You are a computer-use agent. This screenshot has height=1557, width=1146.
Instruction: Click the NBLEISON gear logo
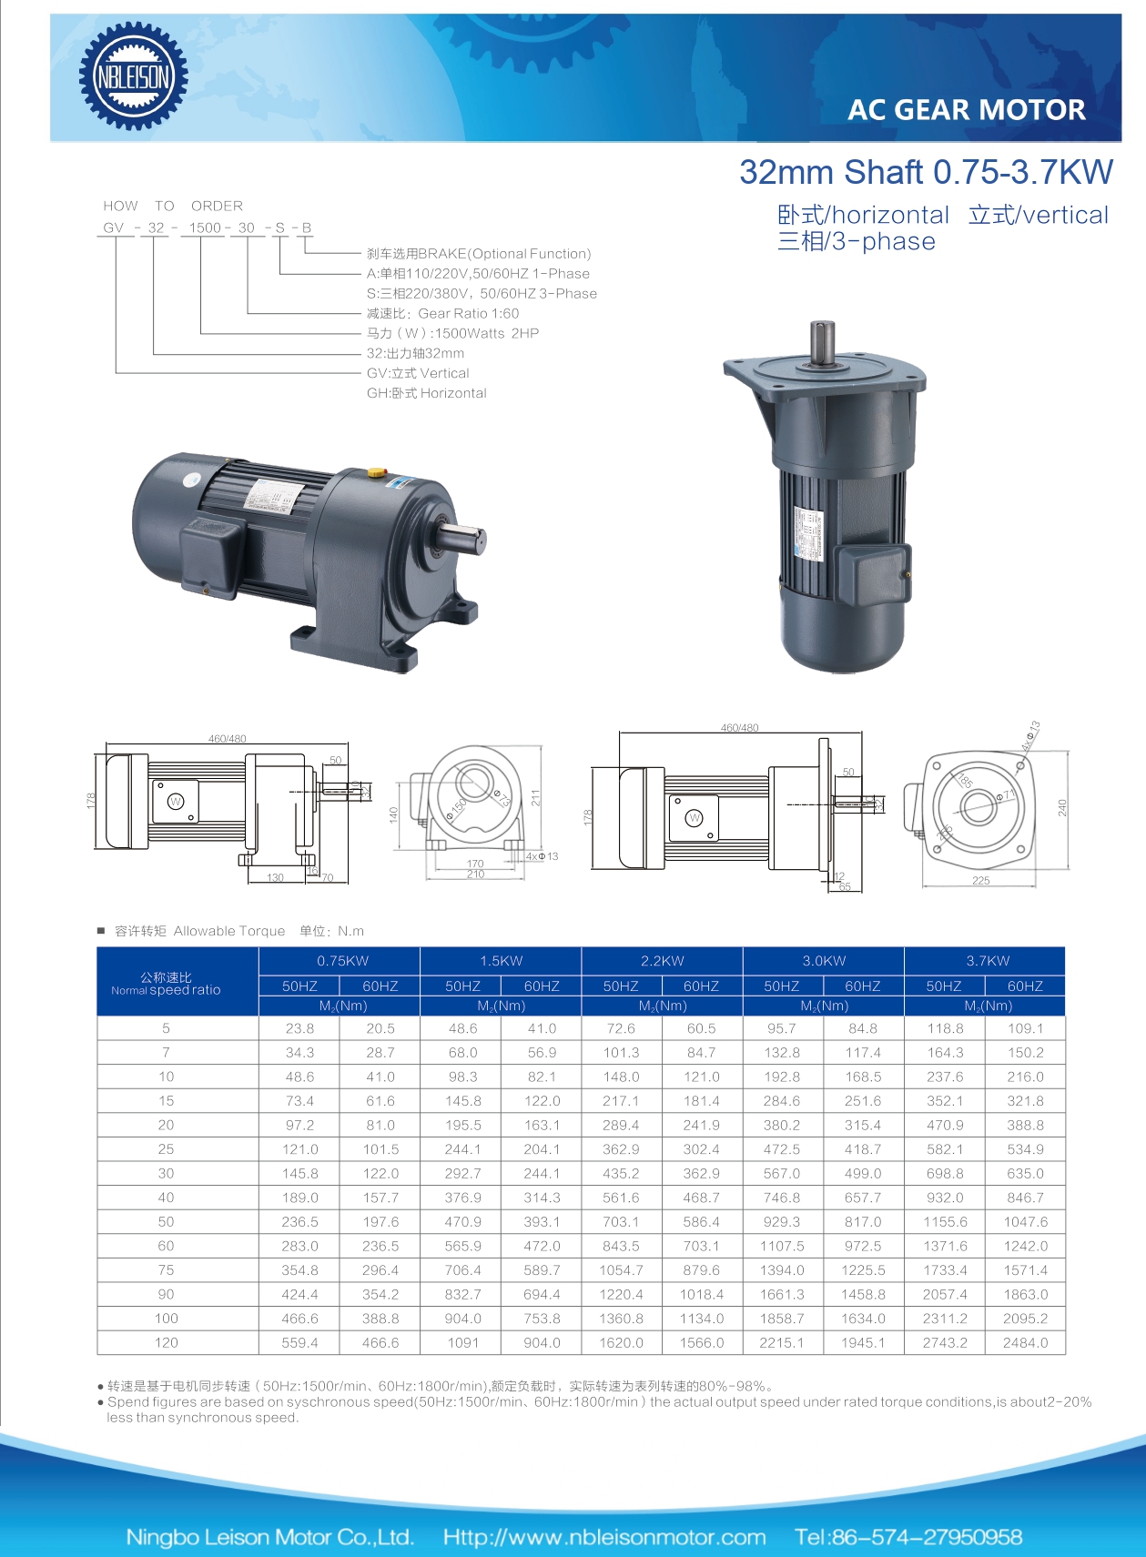click(x=134, y=76)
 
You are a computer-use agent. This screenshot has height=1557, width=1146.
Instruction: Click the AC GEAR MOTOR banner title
click(x=966, y=110)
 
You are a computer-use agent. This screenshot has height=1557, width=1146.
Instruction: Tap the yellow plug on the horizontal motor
click(x=375, y=473)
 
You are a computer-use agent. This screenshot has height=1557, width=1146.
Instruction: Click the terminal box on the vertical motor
click(x=871, y=572)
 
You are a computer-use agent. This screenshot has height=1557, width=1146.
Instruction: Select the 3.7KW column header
click(x=987, y=961)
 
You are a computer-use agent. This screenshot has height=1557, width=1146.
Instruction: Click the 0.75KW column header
click(x=342, y=961)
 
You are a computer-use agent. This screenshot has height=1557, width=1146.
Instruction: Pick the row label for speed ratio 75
click(x=166, y=1270)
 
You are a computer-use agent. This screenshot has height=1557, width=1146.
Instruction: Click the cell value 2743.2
click(x=945, y=1343)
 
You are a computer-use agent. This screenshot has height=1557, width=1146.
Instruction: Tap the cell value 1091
click(x=462, y=1343)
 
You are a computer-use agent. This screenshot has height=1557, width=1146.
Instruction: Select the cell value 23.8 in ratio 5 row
click(x=299, y=1028)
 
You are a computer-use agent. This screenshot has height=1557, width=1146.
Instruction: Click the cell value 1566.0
click(x=701, y=1343)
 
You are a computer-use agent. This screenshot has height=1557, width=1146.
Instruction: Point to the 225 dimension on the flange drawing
click(x=980, y=881)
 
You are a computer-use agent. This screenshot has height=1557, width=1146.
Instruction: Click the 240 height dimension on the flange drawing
click(x=1061, y=808)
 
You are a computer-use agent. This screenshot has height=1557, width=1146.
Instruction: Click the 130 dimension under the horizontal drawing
click(x=275, y=878)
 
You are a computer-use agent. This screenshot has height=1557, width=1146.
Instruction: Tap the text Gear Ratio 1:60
click(x=468, y=314)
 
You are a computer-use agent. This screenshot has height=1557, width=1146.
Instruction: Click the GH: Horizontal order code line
click(x=426, y=393)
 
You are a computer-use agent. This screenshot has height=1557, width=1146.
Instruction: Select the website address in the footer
click(x=604, y=1537)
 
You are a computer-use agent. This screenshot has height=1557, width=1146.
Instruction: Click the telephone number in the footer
click(x=908, y=1537)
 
